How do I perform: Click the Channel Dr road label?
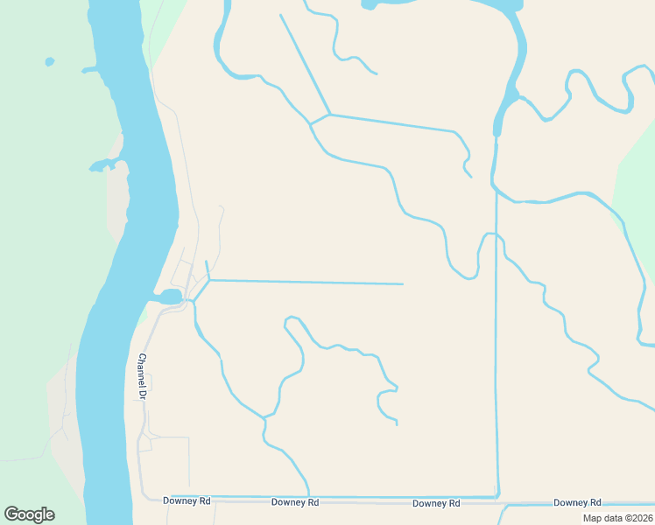(141, 376)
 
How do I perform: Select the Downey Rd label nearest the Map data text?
(577, 502)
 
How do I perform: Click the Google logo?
(29, 514)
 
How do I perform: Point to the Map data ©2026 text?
(618, 517)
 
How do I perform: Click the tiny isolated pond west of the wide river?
(49, 62)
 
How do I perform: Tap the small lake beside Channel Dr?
(170, 297)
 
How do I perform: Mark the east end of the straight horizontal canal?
(402, 283)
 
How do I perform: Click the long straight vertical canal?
(497, 350)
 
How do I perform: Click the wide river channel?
(131, 219)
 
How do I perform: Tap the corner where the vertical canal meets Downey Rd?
(498, 496)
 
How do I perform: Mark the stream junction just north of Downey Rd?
(264, 419)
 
